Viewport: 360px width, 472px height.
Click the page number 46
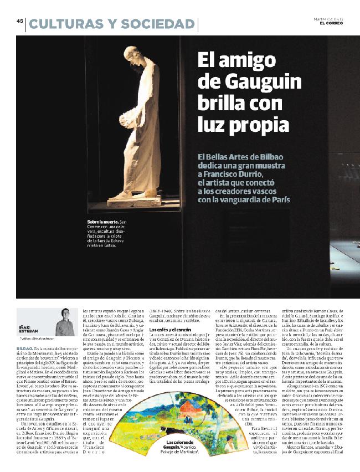tap(19, 22)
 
